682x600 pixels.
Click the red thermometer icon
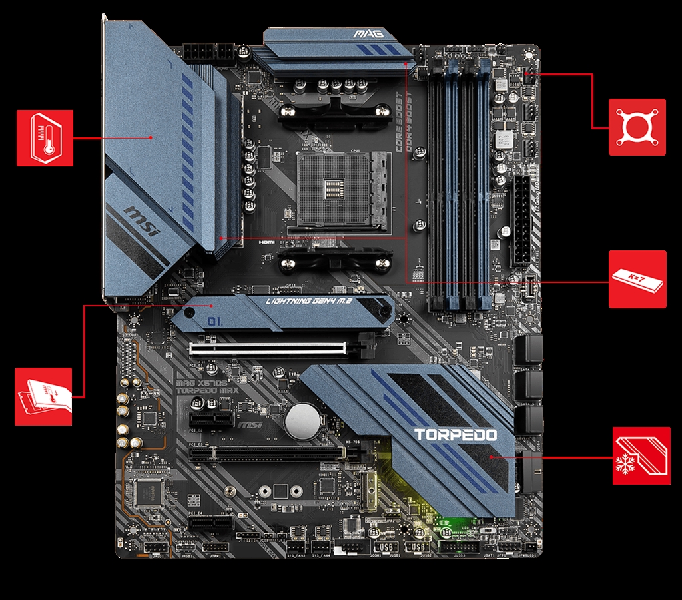point(44,138)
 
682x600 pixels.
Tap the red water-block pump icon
point(637,127)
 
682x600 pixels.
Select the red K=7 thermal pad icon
point(637,279)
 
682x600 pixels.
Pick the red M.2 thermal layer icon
point(43,396)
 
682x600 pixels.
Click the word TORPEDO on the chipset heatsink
point(456,435)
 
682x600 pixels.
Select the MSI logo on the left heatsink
point(141,223)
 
